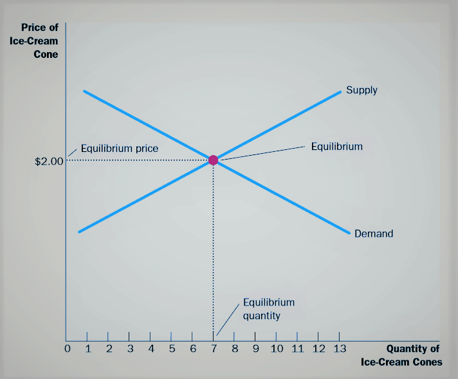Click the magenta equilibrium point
coord(214,160)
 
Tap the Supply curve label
coord(362,90)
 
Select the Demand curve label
coord(374,234)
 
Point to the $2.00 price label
coord(49,162)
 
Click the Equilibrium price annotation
coord(120,149)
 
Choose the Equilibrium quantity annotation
coord(268,309)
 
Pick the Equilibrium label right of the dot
coord(336,147)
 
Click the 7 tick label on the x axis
coord(214,349)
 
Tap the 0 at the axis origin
coord(67,349)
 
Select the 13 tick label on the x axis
coord(338,349)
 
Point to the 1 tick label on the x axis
coord(88,349)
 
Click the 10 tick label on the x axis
coord(277,349)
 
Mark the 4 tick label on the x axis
coord(151,349)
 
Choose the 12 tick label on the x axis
coord(318,349)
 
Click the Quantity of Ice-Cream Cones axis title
coord(401,356)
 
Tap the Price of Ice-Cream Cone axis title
coord(38,41)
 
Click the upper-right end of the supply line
coord(340,92)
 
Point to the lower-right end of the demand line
coord(348,232)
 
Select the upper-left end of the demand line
coord(84,91)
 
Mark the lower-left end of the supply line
coord(78,231)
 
